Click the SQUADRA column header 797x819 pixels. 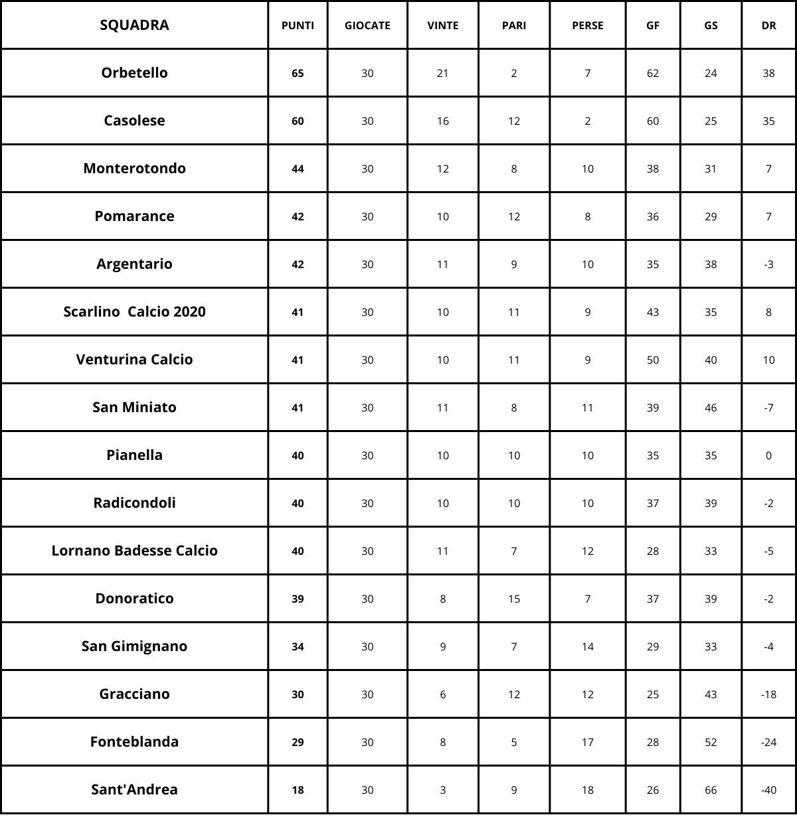134,25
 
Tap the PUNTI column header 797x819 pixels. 298,26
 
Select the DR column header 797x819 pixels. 768,26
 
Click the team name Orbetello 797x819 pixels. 134,73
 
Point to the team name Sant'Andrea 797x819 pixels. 134,790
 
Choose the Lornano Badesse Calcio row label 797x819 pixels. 134,551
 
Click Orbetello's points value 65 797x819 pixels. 298,73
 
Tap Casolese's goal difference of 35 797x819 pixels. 768,121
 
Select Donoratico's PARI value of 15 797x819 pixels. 513,599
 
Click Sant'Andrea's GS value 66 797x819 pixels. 711,790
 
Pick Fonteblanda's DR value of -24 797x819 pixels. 768,742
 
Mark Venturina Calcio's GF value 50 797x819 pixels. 653,360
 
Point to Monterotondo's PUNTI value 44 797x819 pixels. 298,169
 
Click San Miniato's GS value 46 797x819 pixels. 711,408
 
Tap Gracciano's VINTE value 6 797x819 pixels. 442,694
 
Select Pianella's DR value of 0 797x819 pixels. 768,455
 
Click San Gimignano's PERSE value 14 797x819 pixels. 587,646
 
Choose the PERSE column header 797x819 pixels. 587,26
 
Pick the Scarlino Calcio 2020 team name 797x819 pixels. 134,312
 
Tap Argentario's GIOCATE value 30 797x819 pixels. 367,264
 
